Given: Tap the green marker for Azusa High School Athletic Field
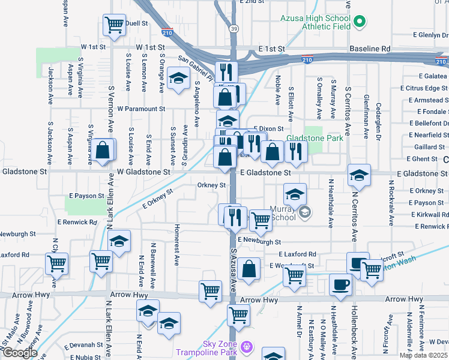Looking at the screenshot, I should pos(360,23).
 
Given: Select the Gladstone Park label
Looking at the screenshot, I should pos(314,138).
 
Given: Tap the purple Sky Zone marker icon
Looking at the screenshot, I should pos(247,346).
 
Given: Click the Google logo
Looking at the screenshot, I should pos(19,353).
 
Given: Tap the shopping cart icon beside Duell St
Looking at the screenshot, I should pos(114,25).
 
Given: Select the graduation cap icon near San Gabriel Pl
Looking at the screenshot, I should pos(178,79).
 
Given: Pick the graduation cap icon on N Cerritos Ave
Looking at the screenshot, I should pos(359,175).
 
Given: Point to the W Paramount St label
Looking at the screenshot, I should pos(141,109).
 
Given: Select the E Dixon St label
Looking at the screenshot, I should pos(268,128).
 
